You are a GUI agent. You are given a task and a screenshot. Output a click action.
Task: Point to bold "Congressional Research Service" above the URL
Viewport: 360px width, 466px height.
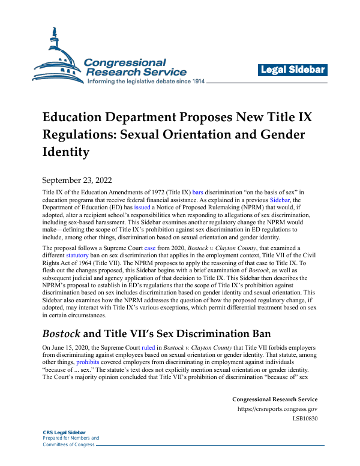[x=275, y=399]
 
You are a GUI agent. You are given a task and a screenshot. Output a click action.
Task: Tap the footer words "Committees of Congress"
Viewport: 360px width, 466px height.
[x=68, y=444]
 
